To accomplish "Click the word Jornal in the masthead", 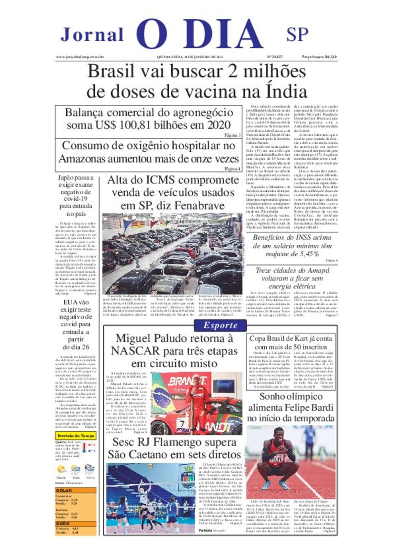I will coord(92,35).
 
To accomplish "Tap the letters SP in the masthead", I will coord(297,35).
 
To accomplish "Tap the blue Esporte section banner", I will coord(220,325).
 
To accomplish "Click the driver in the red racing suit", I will coord(198,399).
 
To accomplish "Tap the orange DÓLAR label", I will coord(64,491).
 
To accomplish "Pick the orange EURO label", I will coord(63,523).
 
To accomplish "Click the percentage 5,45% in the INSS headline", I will coord(305,254).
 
